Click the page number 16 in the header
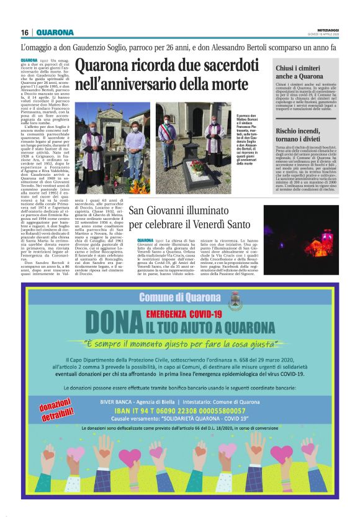tap(24, 32)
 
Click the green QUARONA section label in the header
tap(55, 32)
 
